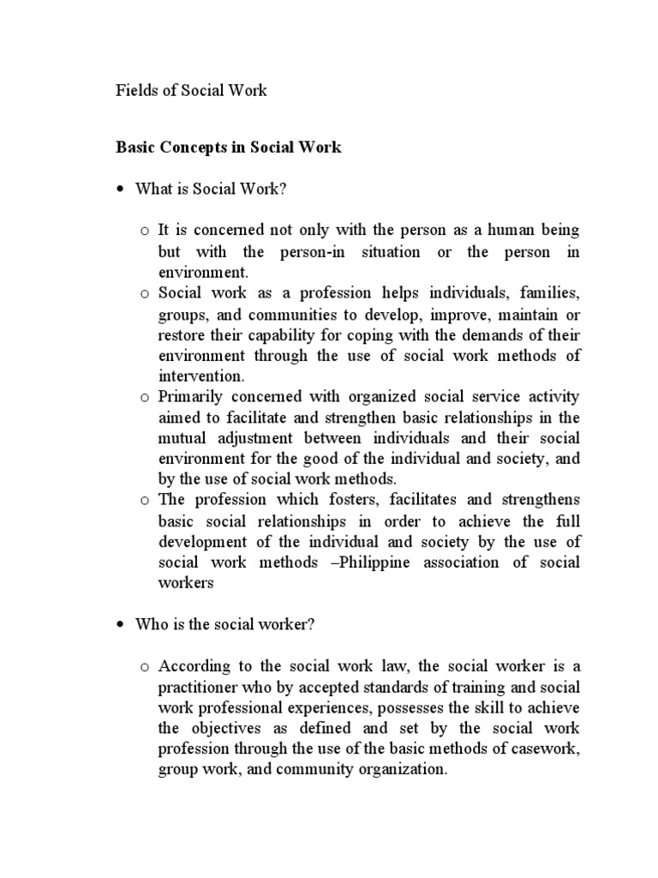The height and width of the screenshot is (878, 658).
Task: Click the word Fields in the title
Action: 135,90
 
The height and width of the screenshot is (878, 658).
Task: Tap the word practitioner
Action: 199,687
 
